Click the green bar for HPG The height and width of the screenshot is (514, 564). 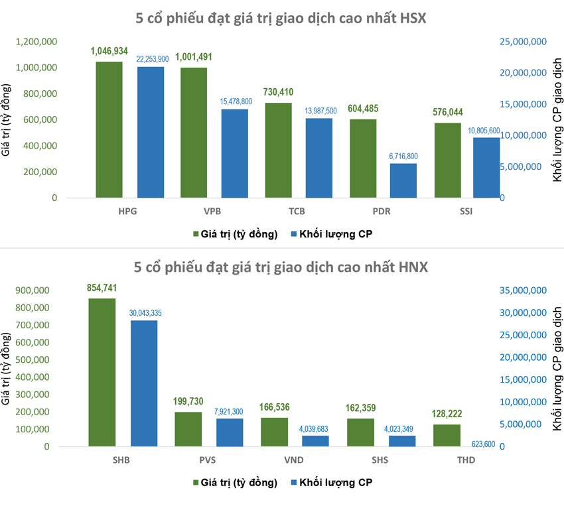point(109,130)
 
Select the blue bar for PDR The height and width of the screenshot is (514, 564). point(403,180)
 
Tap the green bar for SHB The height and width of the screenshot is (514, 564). point(102,372)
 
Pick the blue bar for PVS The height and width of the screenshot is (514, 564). point(230,432)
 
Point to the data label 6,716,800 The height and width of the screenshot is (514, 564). point(403,156)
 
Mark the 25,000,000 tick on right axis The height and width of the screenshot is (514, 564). point(522,42)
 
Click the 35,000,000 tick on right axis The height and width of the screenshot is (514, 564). point(522,290)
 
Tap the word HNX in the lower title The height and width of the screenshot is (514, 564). point(411,267)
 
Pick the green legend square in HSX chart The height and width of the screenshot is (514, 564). point(196,234)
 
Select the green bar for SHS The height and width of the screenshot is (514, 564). point(360,432)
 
